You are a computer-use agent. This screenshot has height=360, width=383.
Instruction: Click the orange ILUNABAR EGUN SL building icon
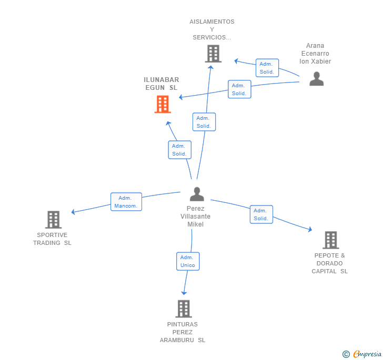pyautogui.click(x=163, y=104)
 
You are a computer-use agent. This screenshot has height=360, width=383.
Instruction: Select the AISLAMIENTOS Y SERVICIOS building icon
pyautogui.click(x=213, y=54)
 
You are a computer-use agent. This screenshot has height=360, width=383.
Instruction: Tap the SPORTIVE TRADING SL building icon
pyautogui.click(x=54, y=220)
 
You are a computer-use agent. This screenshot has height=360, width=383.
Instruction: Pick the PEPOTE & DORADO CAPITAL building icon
pyautogui.click(x=331, y=240)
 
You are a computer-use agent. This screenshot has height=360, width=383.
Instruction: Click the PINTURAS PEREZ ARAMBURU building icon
pyautogui.click(x=184, y=308)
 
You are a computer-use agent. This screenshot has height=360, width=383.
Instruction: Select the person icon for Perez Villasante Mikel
pyautogui.click(x=197, y=194)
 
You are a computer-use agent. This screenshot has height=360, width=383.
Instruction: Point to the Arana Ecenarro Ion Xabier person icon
pyautogui.click(x=317, y=79)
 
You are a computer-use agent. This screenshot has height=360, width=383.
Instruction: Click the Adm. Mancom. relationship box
pyautogui.click(x=126, y=202)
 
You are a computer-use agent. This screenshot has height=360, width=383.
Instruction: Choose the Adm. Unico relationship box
pyautogui.click(x=188, y=261)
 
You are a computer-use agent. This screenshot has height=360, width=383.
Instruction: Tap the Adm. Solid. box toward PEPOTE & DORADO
pyautogui.click(x=261, y=214)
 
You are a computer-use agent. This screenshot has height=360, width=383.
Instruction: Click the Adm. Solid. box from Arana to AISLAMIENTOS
pyautogui.click(x=267, y=68)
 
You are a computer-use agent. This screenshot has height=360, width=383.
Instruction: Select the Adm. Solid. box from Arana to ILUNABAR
pyautogui.click(x=239, y=89)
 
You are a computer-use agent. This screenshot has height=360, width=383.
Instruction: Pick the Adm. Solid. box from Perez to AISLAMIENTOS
pyautogui.click(x=204, y=122)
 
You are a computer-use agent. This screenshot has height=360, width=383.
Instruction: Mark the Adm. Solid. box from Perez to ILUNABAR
pyautogui.click(x=179, y=150)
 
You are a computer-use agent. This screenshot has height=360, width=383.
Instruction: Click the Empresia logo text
pyautogui.click(x=367, y=354)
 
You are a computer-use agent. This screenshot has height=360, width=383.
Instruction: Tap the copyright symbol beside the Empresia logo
pyautogui.click(x=346, y=354)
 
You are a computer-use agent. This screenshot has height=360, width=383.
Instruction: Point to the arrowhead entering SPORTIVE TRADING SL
pyautogui.click(x=73, y=212)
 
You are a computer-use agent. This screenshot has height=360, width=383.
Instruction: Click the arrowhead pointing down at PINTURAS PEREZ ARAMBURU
pyautogui.click(x=184, y=293)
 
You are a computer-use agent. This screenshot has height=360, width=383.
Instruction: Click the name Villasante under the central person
pyautogui.click(x=195, y=217)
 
